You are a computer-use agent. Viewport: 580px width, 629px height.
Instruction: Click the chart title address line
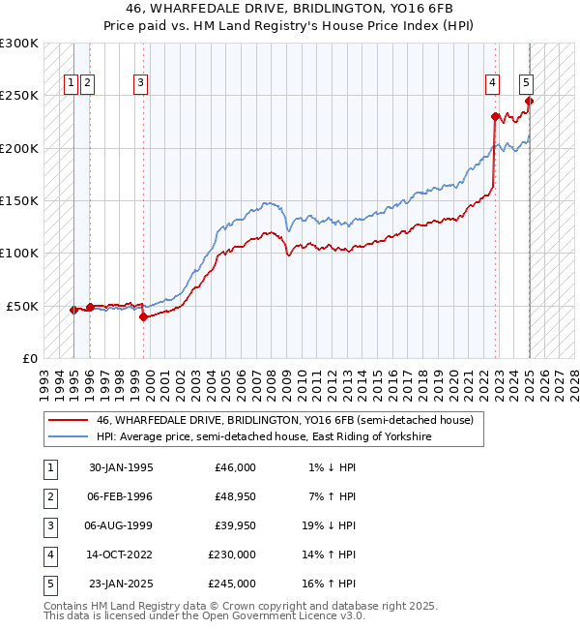coord(290,9)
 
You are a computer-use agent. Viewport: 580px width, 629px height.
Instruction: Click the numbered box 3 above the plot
coord(141,83)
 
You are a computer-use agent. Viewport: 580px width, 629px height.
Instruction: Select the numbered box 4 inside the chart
coord(492,83)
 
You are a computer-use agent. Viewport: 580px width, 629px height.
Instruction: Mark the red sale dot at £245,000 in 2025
coord(529,101)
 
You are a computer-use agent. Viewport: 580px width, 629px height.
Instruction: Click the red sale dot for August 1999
coord(143,315)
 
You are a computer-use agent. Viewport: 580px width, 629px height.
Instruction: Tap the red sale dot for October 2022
coord(495,116)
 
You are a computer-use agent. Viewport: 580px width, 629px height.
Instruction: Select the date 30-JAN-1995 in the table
coord(121,467)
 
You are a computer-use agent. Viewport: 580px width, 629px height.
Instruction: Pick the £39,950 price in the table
coord(233,525)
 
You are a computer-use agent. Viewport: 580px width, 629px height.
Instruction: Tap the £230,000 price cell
coord(232,554)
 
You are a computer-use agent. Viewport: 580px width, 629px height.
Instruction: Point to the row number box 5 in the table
coord(49,584)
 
